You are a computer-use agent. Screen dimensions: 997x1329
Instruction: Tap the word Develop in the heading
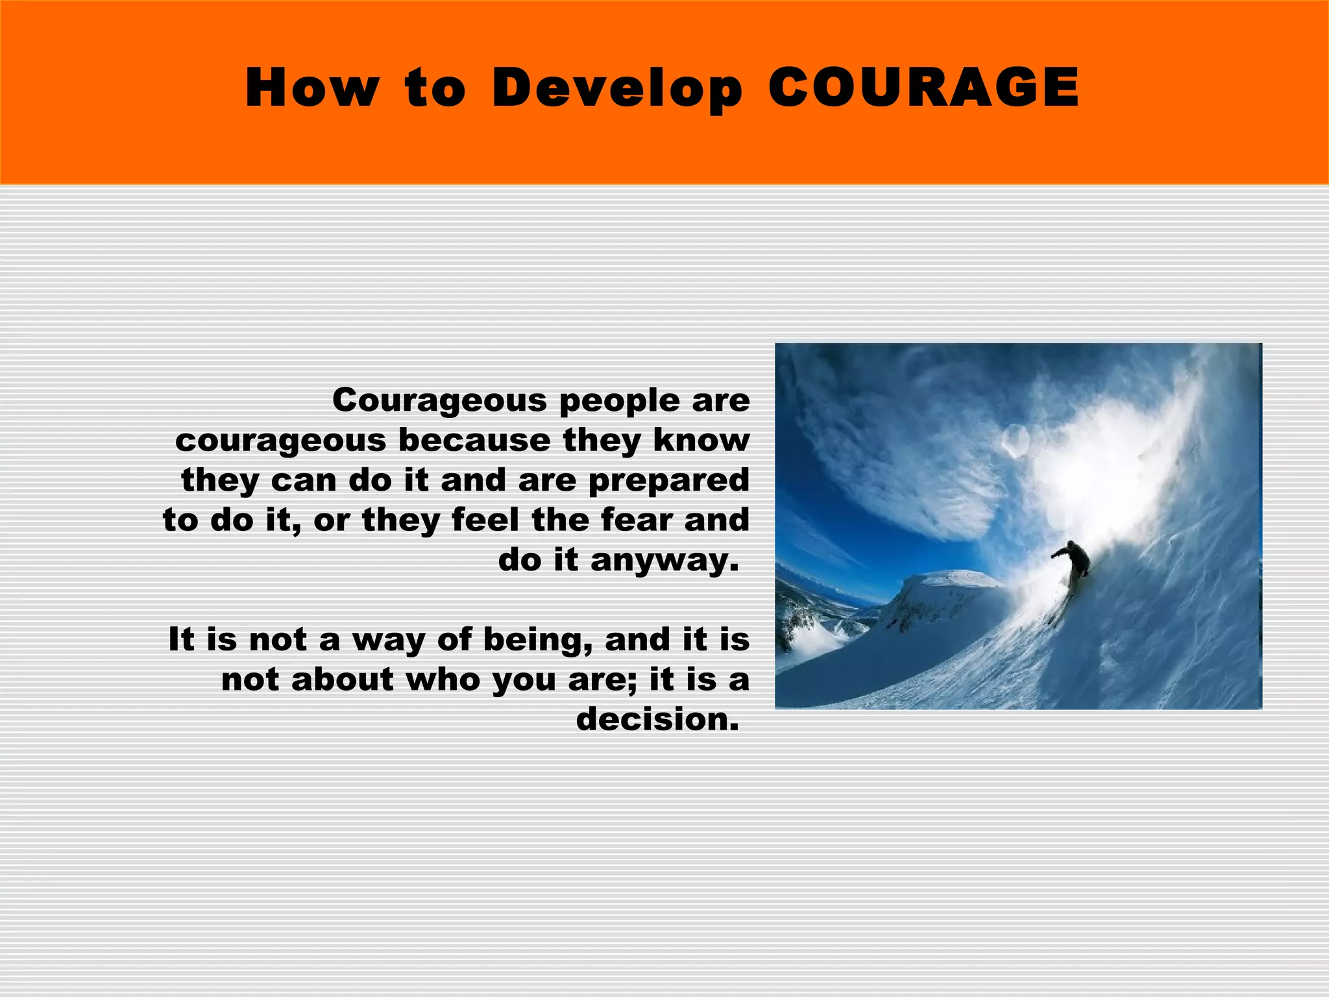coord(616,89)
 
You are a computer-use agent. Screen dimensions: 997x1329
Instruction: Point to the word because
coord(474,441)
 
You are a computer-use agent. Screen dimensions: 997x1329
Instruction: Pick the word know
coord(701,441)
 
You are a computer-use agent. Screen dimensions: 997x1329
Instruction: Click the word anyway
coord(664,561)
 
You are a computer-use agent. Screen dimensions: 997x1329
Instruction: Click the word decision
coord(657,720)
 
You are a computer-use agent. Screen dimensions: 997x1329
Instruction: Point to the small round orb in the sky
coord(1014,440)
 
